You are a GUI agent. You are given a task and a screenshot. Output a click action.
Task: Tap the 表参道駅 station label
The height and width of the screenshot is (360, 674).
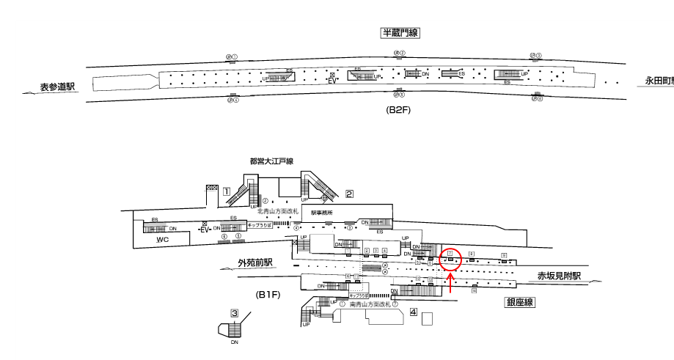point(58,87)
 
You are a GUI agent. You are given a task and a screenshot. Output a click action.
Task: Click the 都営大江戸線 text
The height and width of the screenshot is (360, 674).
point(271,161)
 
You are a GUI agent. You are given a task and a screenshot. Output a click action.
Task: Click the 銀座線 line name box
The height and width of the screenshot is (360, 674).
point(519,302)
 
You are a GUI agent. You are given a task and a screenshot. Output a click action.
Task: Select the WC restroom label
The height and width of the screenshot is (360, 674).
point(163,240)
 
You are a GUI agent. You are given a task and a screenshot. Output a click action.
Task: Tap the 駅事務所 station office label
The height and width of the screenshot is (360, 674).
point(321,213)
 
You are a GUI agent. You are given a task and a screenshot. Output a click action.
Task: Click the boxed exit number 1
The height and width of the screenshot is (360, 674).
point(227,191)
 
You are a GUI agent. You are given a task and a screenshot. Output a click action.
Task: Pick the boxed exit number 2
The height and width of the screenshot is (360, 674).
point(350,194)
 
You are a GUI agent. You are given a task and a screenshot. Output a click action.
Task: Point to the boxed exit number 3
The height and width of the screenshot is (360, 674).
point(235,313)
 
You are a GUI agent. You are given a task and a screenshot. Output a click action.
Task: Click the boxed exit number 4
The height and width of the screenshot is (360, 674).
point(414,312)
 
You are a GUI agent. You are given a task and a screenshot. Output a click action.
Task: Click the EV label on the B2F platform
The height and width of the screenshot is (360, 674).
point(331,81)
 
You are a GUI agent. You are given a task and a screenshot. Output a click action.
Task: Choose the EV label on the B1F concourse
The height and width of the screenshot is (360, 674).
point(205,229)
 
